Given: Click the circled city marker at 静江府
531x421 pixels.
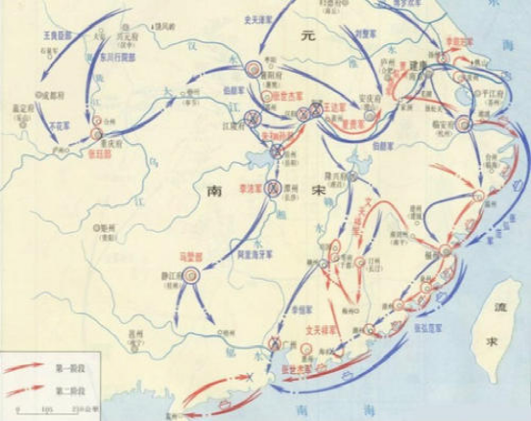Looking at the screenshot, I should tap(191, 274).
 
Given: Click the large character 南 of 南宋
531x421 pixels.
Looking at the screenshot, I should tap(213, 192).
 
